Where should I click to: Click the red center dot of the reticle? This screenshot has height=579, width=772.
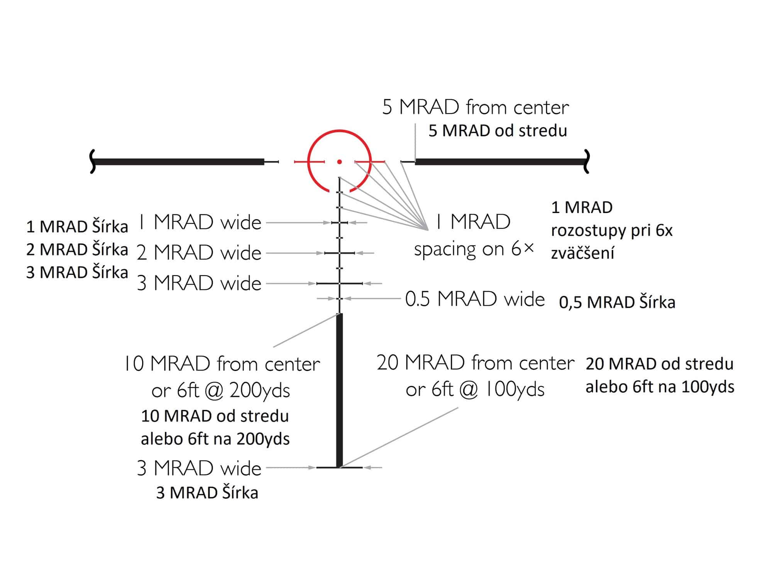[339, 162]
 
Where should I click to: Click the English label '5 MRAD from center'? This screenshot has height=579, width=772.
[475, 107]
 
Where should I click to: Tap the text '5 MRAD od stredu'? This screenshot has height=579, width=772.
[498, 131]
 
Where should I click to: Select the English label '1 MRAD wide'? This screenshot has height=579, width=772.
[200, 222]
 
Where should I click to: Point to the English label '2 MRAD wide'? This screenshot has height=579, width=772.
[199, 253]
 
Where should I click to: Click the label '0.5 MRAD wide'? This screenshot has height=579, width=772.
[475, 299]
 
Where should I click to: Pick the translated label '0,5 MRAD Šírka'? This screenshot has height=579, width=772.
[617, 302]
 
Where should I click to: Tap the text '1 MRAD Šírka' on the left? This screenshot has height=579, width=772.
[77, 227]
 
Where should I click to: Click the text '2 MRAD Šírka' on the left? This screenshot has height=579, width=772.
[77, 249]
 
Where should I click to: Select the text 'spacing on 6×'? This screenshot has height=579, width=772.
[474, 249]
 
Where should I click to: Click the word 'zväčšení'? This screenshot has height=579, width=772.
[582, 253]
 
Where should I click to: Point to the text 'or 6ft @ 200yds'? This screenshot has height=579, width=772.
[220, 391]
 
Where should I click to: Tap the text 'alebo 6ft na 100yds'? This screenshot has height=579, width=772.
[660, 387]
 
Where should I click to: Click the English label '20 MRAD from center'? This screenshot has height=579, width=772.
[475, 363]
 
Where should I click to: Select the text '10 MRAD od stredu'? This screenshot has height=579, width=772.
[215, 416]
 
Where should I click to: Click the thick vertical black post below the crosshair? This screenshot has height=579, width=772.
[339, 390]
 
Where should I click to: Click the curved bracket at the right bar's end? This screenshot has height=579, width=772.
[587, 162]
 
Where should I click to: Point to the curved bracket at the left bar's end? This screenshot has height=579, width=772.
[92, 162]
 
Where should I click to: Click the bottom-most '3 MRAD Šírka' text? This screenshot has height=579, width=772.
[207, 493]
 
